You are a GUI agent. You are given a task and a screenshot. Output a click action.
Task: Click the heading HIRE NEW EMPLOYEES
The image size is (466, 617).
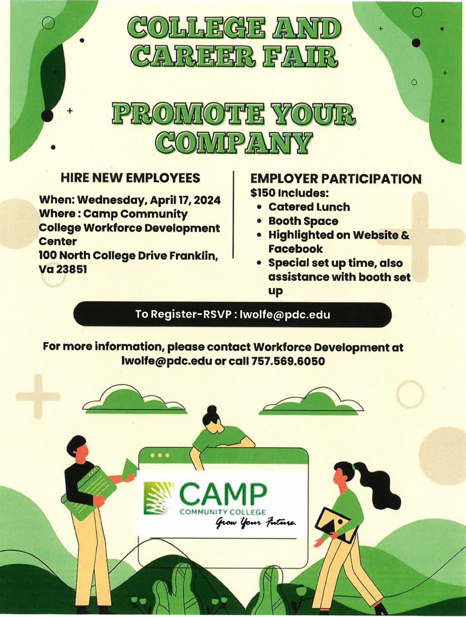coord(130,178)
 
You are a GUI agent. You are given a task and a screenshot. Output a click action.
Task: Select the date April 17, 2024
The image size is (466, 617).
coord(185,200)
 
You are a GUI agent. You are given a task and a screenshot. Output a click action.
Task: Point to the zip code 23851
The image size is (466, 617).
coord(71,269)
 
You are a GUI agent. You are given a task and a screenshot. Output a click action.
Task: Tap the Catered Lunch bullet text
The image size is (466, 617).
coord(309,207)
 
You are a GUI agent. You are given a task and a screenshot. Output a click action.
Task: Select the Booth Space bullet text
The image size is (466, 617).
coord(303,221)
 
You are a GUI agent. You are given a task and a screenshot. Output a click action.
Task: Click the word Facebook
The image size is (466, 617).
coord(296,249)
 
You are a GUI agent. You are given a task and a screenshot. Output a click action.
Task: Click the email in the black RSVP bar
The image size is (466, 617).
coord(285,314)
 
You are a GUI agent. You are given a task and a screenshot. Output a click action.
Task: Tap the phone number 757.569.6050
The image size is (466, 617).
coord(288,361)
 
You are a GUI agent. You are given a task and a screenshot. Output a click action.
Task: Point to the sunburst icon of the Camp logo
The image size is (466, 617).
coord(159,498)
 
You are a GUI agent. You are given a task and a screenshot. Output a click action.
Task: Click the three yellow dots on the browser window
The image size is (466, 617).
coord(160,455)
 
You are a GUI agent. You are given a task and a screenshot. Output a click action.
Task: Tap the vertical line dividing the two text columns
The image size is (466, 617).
coord(233,214)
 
